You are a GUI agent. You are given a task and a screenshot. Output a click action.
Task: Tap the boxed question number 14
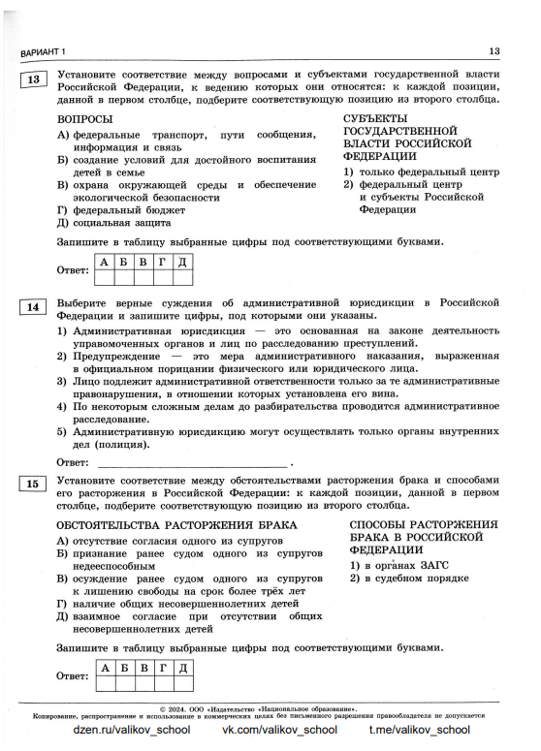(x=34, y=307)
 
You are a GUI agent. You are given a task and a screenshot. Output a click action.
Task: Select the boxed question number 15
(x=34, y=483)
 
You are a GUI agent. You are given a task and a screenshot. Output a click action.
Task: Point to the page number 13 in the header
(x=493, y=51)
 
